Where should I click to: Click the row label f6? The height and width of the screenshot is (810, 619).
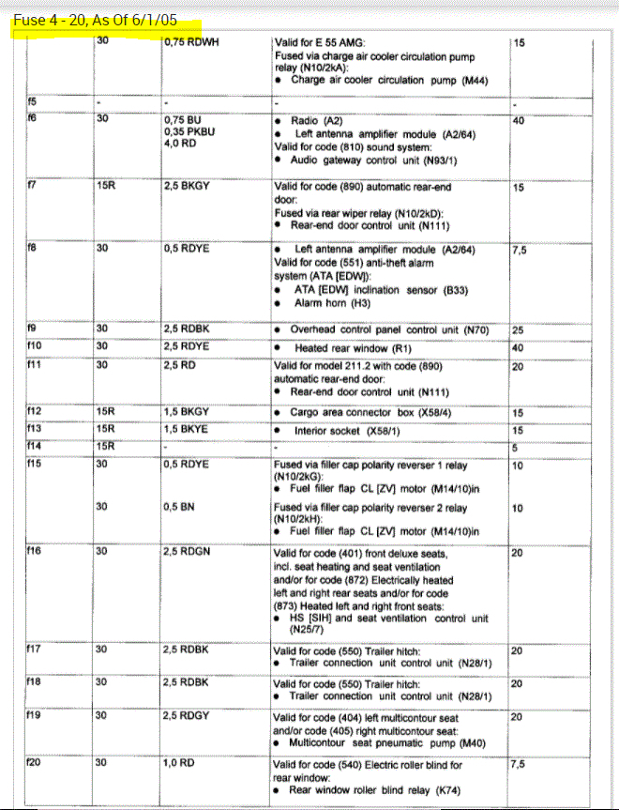click(31, 119)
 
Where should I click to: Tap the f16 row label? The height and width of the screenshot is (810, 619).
click(34, 552)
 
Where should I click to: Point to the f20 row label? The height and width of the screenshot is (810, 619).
click(34, 763)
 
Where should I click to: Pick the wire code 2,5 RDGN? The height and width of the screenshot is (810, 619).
click(187, 552)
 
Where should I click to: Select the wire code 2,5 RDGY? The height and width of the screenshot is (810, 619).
click(187, 716)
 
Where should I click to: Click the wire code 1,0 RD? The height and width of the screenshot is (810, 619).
click(179, 763)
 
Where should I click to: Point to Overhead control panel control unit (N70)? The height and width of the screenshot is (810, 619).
click(392, 331)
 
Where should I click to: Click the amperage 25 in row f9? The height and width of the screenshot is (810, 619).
click(518, 331)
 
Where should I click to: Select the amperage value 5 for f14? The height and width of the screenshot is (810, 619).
click(516, 447)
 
